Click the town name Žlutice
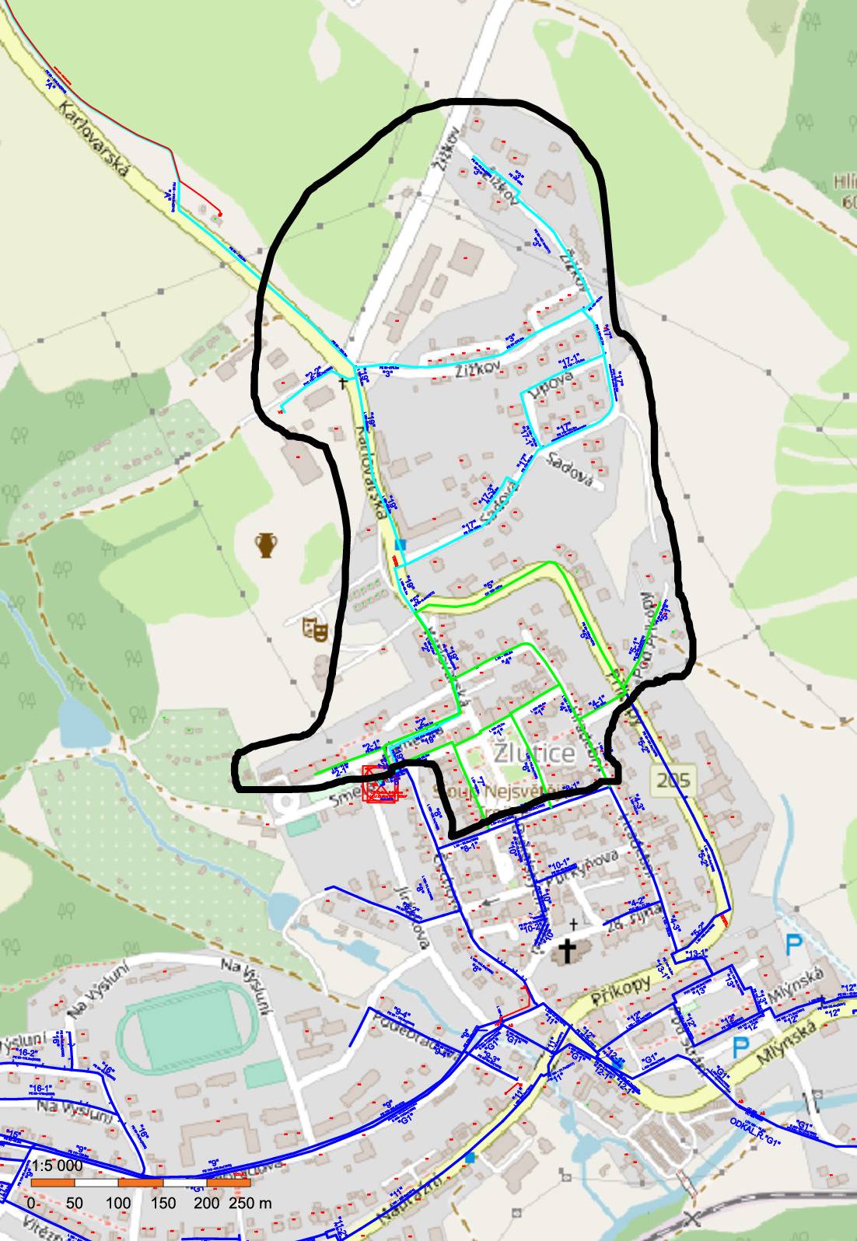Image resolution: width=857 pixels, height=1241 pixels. [x=534, y=753]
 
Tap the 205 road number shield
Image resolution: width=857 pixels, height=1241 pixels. [x=670, y=780]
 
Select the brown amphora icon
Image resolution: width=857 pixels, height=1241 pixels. [x=267, y=545]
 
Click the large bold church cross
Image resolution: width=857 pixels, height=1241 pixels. [x=569, y=951]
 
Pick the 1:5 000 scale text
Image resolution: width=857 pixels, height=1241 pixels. [x=57, y=1166]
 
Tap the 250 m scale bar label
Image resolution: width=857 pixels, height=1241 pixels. [x=250, y=1203]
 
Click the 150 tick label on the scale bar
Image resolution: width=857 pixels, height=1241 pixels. [x=163, y=1203]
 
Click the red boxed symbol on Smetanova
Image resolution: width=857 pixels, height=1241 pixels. [x=381, y=785]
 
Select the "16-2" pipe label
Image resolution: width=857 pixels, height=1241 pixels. [x=27, y=1051]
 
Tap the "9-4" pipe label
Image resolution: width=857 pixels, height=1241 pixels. [x=402, y=1012]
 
